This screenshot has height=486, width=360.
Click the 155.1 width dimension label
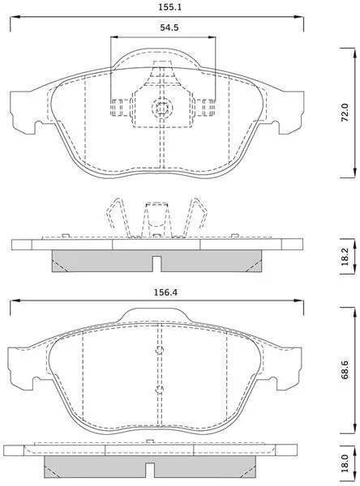click(x=169, y=7)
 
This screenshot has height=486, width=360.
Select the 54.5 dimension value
click(x=169, y=28)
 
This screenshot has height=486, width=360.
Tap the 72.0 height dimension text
click(x=345, y=113)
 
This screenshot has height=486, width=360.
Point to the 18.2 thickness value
click(x=345, y=256)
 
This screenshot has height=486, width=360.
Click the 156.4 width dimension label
click(x=165, y=292)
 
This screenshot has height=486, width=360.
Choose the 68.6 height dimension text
click(x=345, y=370)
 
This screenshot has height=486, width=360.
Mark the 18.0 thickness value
click(x=345, y=464)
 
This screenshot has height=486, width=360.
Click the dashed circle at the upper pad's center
click(x=162, y=108)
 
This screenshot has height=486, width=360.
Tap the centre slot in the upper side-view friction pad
click(x=156, y=264)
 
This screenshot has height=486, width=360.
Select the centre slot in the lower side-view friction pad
click(x=150, y=470)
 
